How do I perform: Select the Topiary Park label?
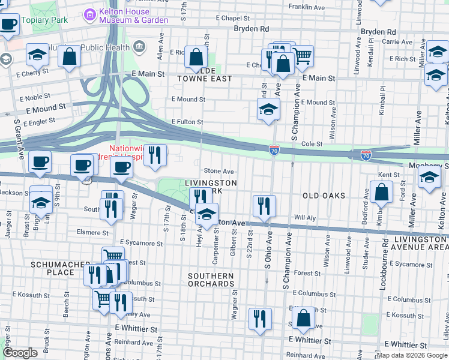[45, 20]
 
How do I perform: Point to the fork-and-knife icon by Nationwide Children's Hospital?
[155, 155]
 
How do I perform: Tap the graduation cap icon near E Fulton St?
[268, 109]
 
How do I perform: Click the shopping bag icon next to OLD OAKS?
[381, 193]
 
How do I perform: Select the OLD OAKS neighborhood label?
[324, 196]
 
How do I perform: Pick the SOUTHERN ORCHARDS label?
[209, 280]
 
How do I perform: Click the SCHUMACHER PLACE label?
[53, 268]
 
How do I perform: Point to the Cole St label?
[312, 144]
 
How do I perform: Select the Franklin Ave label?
[306, 8]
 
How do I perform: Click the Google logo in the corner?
[20, 353]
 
